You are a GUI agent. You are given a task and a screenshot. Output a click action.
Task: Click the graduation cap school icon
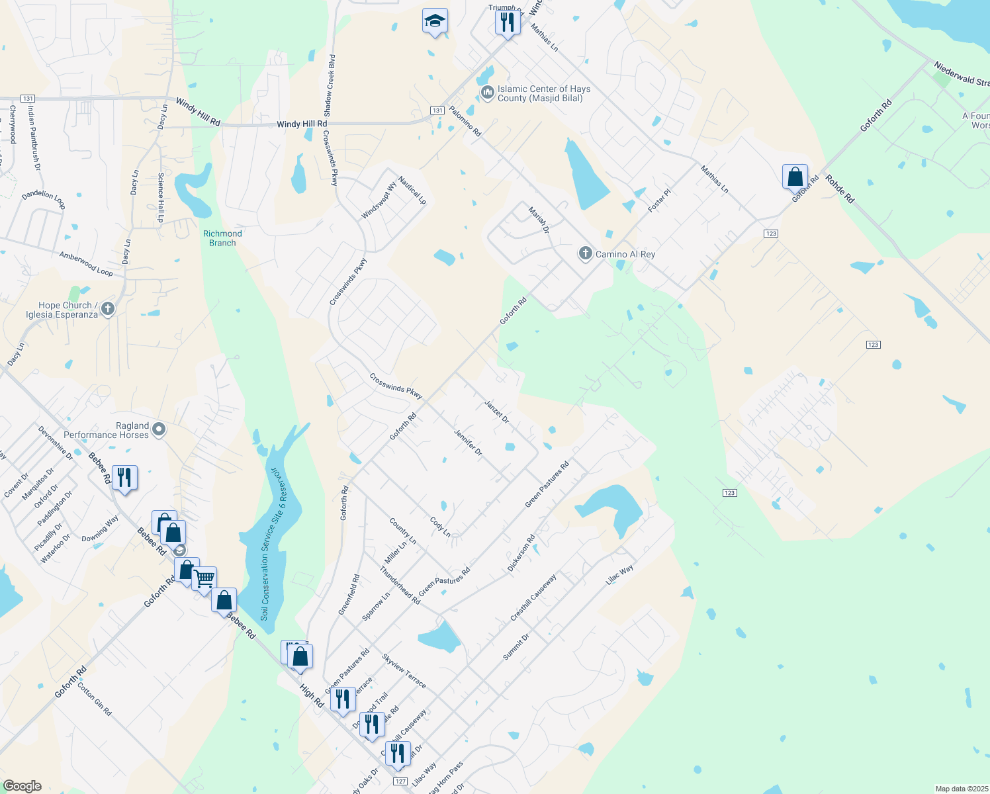click(x=435, y=22)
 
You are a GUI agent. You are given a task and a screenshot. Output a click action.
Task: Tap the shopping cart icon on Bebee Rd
click(x=204, y=579)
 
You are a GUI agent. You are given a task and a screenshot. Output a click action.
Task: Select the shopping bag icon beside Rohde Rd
click(x=795, y=177)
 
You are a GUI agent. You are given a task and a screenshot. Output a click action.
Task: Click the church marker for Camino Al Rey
click(x=585, y=253)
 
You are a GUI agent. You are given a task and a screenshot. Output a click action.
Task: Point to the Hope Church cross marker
click(x=108, y=308)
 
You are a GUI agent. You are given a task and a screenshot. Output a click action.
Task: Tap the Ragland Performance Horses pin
click(x=159, y=430)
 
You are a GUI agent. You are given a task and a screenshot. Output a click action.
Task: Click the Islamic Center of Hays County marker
click(x=487, y=93)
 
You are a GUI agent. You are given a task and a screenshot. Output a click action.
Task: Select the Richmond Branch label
click(x=222, y=238)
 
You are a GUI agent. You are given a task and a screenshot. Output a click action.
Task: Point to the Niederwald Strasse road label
click(x=962, y=73)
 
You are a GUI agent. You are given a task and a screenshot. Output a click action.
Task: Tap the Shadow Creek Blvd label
click(x=329, y=86)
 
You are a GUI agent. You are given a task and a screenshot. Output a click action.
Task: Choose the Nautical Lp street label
click(x=412, y=190)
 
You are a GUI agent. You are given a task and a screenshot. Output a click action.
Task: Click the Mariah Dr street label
click(x=539, y=220)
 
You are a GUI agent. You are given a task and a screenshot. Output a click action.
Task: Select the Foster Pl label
click(x=659, y=200)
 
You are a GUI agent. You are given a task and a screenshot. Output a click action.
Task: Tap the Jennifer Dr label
click(x=468, y=443)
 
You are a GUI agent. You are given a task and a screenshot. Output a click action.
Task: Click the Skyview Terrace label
click(x=404, y=671)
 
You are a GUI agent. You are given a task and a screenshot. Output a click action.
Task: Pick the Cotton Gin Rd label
click(x=95, y=699)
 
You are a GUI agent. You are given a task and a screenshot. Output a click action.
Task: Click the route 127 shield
click(x=400, y=781)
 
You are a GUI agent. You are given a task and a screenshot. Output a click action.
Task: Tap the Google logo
click(x=22, y=786)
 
